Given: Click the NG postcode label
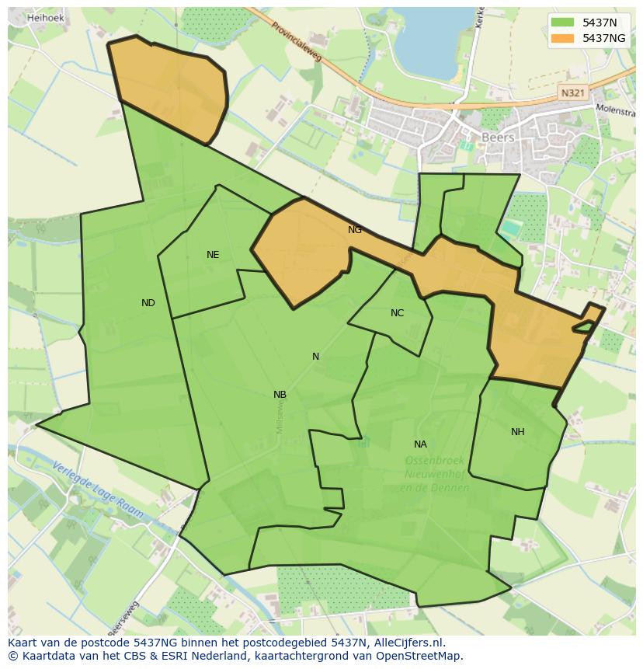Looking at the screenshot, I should pyautogui.click(x=355, y=230).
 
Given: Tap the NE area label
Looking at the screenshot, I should pyautogui.click(x=213, y=255).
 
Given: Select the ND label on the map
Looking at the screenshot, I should pyautogui.click(x=148, y=303).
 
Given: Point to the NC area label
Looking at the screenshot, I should pyautogui.click(x=397, y=313).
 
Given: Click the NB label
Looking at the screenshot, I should pyautogui.click(x=280, y=395).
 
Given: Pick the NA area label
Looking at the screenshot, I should pyautogui.click(x=420, y=444).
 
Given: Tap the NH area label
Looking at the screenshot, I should pyautogui.click(x=517, y=432).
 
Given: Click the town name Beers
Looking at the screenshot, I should pyautogui.click(x=498, y=138).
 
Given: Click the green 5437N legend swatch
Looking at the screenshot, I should pyautogui.click(x=563, y=23).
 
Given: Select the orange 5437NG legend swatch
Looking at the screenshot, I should pyautogui.click(x=563, y=38).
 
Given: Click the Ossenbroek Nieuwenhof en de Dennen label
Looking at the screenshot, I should pyautogui.click(x=435, y=474).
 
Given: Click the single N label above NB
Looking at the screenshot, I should pyautogui.click(x=315, y=357).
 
